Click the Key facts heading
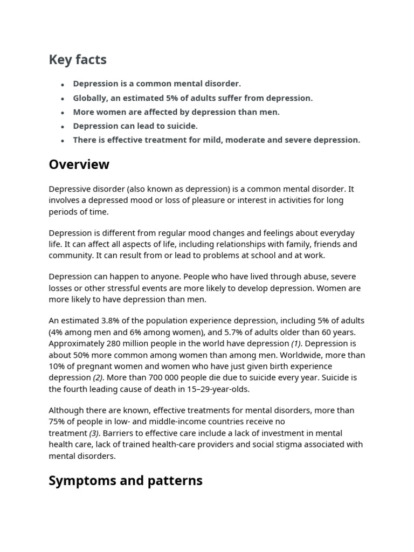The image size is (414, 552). (x=78, y=60)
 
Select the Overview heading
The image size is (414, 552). (x=79, y=164)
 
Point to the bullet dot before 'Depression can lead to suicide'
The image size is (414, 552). (x=63, y=127)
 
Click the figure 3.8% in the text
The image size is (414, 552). (x=111, y=321)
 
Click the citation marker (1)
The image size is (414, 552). (x=297, y=343)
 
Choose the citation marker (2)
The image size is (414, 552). (x=97, y=377)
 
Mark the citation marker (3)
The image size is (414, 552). (x=95, y=433)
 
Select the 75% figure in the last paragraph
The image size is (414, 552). (x=57, y=422)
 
